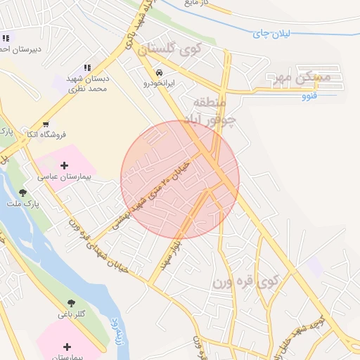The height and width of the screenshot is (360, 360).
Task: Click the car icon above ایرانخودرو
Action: tap(160, 72)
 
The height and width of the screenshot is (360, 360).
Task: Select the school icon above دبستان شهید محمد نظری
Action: tap(87, 66)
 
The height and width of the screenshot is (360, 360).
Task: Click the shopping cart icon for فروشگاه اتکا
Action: tap(46, 124)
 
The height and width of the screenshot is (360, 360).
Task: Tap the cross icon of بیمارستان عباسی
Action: tap(65, 166)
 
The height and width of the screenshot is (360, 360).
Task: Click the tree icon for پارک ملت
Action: tap(23, 193)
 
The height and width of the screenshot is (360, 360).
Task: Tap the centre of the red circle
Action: tap(180, 180)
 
